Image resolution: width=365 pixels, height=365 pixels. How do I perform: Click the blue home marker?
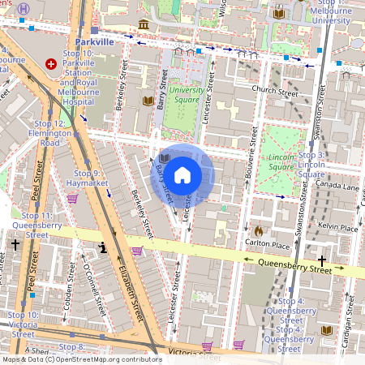click(182, 174)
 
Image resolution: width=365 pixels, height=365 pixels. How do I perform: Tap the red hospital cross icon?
click(52, 63)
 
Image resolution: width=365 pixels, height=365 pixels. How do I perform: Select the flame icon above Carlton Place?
click(259, 230)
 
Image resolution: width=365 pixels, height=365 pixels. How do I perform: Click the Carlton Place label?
click(267, 244)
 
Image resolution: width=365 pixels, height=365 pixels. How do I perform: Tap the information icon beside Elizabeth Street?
click(103, 247)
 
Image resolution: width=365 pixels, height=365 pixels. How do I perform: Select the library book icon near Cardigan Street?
click(327, 331)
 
